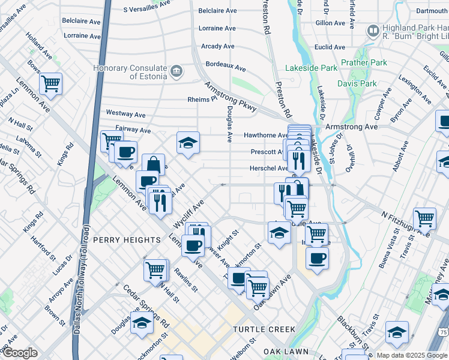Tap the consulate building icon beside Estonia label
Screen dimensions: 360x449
[177, 72]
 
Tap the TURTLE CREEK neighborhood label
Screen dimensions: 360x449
[264, 329]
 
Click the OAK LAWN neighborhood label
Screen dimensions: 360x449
[286, 352]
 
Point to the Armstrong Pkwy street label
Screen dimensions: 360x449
[231, 96]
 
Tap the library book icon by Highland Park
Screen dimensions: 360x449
[373, 30]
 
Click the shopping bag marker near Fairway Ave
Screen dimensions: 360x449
[153, 163]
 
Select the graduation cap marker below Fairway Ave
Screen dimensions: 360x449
[188, 143]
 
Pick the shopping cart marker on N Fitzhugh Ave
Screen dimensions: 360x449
[424, 218]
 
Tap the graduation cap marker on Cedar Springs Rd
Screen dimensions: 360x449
[142, 322]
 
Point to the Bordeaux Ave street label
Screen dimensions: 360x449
[226, 68]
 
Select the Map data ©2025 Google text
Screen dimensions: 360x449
[411, 355]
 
